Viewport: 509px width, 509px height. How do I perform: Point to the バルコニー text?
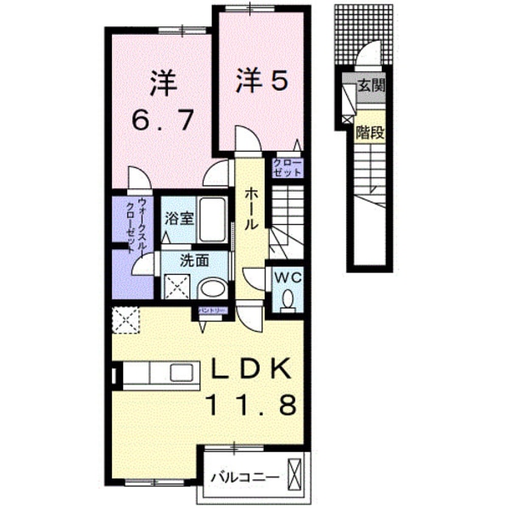pyautogui.click(x=245, y=477)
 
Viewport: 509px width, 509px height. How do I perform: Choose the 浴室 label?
pyautogui.click(x=180, y=218)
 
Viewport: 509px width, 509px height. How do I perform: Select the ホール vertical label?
pyautogui.click(x=251, y=210)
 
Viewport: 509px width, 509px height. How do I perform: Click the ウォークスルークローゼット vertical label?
pyautogui.click(x=137, y=222)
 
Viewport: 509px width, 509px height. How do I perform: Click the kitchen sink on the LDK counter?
pyautogui.click(x=182, y=372)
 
